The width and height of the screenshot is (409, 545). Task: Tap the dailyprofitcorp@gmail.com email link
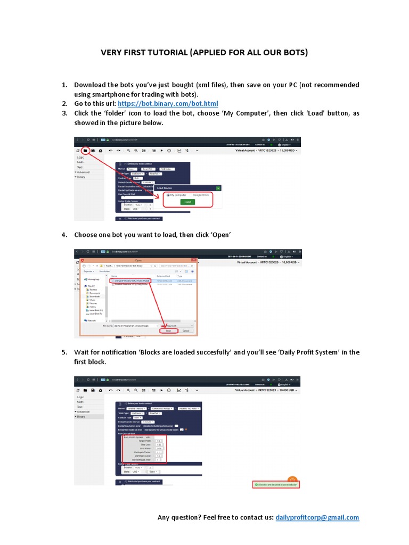click(x=317, y=517)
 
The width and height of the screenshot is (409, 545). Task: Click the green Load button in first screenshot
click(x=186, y=202)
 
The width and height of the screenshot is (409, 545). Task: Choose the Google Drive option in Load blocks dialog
click(x=201, y=195)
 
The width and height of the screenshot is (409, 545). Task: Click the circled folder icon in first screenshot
click(x=85, y=151)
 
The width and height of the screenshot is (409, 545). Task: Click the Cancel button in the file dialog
click(x=186, y=331)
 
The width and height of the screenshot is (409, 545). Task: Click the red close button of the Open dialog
click(x=194, y=261)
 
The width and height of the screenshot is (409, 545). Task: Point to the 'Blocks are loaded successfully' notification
click(x=276, y=485)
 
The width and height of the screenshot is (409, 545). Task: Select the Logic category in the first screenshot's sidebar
click(x=80, y=158)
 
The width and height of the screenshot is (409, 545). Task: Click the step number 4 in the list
click(x=64, y=235)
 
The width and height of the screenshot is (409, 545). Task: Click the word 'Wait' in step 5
click(x=83, y=352)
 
